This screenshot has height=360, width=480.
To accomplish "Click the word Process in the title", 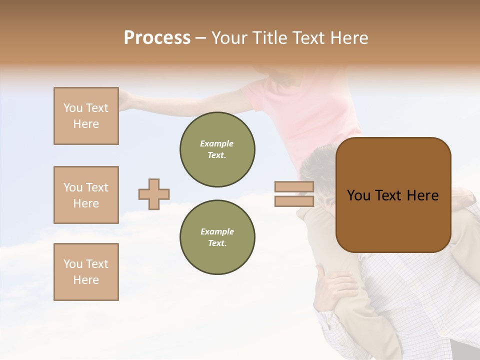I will tap(157, 38).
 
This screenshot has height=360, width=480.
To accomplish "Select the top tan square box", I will tap(86, 116).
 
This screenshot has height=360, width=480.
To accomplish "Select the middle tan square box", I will tap(86, 195).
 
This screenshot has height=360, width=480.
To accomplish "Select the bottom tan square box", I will tap(86, 272).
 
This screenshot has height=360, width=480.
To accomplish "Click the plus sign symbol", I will tap(154, 194).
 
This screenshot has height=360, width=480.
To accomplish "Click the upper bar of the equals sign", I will tap(294, 187).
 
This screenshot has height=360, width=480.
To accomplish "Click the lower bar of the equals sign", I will tap(294, 201).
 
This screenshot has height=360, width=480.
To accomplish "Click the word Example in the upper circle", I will tap(217, 143).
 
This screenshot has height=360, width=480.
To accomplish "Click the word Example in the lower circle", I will tap(217, 231).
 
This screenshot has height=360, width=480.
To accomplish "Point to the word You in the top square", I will tap(72, 108).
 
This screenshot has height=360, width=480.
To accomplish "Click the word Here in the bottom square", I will tap(86, 280).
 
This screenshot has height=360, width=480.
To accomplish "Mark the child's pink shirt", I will tap(305, 115).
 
